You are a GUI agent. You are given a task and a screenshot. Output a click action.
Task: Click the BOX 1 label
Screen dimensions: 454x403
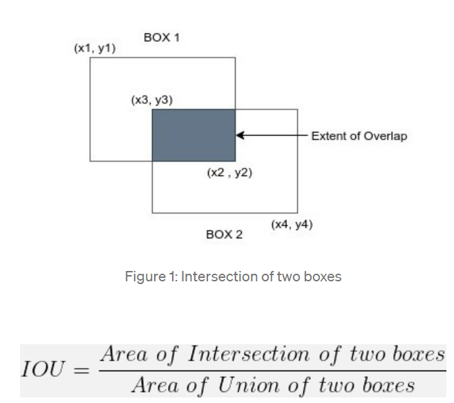point(162,37)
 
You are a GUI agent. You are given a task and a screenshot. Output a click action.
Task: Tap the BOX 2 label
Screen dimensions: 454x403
point(224,234)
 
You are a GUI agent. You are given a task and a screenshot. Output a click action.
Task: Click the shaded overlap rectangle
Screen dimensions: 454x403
point(193,135)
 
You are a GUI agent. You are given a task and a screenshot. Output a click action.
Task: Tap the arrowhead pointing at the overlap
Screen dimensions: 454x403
point(240,135)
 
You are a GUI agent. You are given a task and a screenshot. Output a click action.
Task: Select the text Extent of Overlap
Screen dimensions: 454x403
point(359,135)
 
